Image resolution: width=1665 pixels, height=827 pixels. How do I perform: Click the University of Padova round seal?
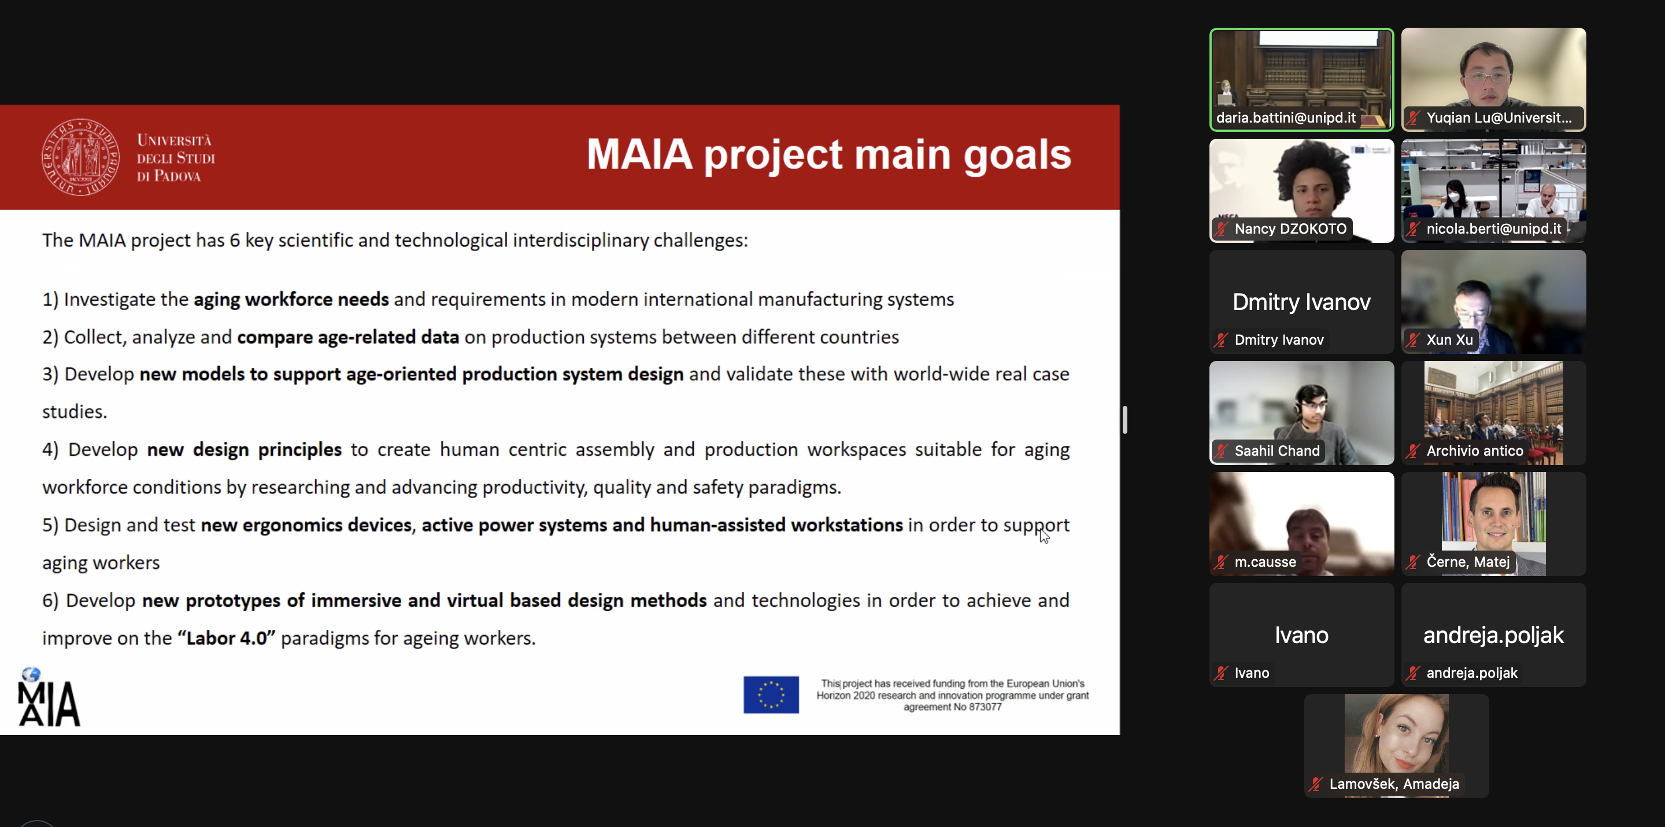coord(80,157)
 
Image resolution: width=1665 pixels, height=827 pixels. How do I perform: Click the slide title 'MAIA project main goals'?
coord(828,154)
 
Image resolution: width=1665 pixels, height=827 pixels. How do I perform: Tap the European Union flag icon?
coord(771,695)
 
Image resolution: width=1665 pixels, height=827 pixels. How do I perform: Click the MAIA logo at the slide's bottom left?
coord(49,699)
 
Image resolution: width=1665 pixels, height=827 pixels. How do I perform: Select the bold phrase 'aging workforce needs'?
coord(291,300)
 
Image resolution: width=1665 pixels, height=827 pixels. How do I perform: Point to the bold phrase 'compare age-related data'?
coord(347,337)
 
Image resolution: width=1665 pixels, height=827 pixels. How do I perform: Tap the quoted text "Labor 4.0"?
coord(226,638)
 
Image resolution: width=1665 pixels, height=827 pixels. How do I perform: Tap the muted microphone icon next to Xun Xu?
coord(1413,340)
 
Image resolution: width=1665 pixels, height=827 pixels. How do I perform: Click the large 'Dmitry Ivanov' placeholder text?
coord(1301,302)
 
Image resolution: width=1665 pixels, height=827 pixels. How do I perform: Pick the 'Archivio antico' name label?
coord(1474,451)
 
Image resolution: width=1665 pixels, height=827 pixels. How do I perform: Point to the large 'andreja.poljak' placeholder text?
coord(1493,635)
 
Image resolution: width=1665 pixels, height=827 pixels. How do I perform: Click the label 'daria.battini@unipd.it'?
coord(1285,117)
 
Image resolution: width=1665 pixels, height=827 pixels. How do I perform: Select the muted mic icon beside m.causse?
coord(1221,563)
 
